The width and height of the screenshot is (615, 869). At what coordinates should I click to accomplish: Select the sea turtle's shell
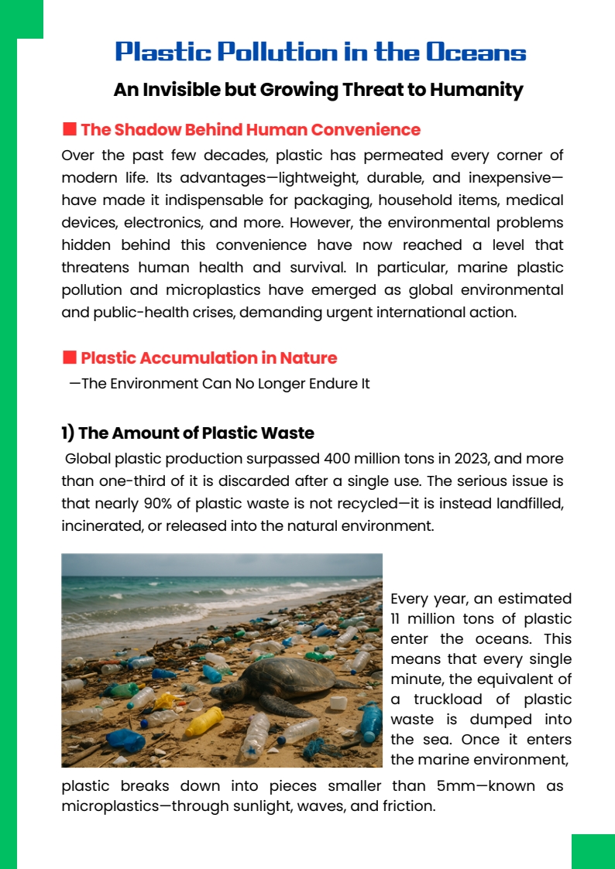tap(277, 676)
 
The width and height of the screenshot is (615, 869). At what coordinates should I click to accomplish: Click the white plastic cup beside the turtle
tap(338, 703)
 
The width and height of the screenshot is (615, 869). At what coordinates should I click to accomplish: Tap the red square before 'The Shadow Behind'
tap(69, 129)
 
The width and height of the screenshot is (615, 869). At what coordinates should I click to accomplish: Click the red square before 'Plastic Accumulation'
tap(69, 358)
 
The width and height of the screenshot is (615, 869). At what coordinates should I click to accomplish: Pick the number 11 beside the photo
tap(397, 619)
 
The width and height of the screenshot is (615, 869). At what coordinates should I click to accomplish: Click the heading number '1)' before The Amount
tap(68, 433)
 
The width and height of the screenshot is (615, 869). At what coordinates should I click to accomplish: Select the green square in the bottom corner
tap(593, 851)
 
